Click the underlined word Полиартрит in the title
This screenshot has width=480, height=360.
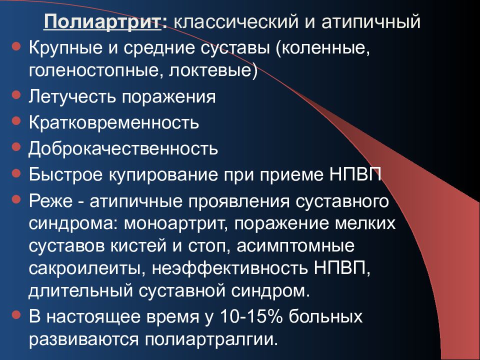click(102, 22)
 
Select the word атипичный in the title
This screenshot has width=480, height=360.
click(370, 22)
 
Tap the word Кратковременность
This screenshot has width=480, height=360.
click(114, 122)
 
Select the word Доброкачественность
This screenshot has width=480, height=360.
click(123, 148)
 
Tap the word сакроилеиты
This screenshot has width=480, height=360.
click(83, 268)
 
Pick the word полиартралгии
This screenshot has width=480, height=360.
click(210, 339)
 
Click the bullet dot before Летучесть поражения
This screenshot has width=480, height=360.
click(16, 94)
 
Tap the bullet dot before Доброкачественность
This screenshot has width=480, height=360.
click(16, 147)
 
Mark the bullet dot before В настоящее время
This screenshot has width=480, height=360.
click(16, 315)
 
